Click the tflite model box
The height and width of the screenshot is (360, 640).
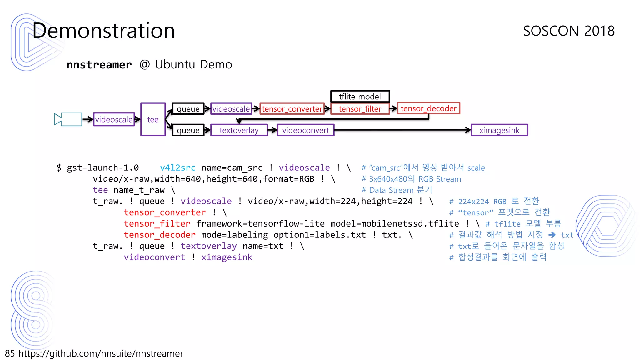tap(360, 97)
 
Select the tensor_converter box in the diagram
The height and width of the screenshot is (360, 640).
tap(292, 109)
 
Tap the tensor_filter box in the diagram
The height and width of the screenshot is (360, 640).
tap(360, 109)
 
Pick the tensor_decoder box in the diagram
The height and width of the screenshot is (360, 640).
tap(428, 108)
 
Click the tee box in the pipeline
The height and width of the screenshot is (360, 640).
tap(153, 119)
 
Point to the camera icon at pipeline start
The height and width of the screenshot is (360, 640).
tap(68, 119)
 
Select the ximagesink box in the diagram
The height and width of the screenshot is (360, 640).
tap(499, 130)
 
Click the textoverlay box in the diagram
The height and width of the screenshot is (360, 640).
tap(239, 130)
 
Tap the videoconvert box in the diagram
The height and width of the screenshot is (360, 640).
tap(306, 130)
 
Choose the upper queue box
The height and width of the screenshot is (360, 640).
tap(188, 109)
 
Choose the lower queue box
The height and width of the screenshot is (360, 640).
tap(188, 130)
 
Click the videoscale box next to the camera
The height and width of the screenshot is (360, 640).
tap(114, 119)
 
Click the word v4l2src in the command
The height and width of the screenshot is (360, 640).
tap(177, 168)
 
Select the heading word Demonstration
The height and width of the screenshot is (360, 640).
tap(103, 31)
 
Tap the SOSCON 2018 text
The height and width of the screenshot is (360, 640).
tap(569, 31)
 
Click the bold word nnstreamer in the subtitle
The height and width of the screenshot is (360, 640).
tap(99, 65)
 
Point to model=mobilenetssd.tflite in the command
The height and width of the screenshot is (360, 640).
tap(394, 224)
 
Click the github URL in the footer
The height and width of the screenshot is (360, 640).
tap(101, 353)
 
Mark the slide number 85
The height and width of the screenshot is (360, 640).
tap(10, 353)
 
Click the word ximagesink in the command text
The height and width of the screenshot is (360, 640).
tap(227, 257)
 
